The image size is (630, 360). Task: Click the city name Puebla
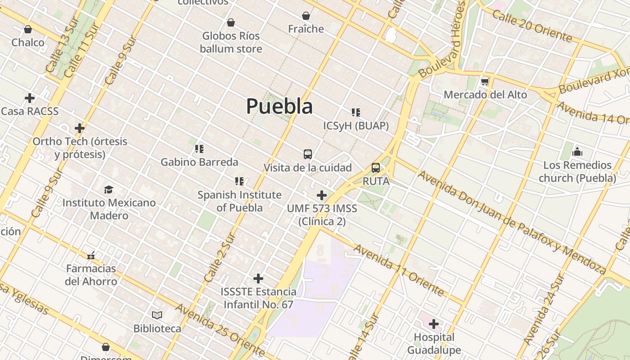279,106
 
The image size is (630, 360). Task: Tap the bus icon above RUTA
376,168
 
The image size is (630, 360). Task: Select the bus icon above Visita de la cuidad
308,154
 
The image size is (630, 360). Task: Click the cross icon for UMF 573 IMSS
322,195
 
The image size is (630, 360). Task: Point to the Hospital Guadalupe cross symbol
434,324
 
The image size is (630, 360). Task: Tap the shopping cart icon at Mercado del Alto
485,82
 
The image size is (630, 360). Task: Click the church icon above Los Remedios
577,152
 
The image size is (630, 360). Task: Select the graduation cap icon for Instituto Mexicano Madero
108,189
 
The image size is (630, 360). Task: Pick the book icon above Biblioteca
157,315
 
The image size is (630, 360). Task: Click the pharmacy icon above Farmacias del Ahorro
91,256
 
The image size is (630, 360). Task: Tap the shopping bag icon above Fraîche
306,16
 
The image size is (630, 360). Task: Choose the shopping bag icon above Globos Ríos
231,22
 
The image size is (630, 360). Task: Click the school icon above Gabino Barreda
199,148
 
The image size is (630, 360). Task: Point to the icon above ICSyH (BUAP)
356,112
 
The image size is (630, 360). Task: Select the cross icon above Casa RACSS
30,98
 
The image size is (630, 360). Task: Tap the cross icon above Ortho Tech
80,128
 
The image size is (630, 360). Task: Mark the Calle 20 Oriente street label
532,26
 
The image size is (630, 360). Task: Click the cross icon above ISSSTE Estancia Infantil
258,279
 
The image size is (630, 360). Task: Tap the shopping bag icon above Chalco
28,29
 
